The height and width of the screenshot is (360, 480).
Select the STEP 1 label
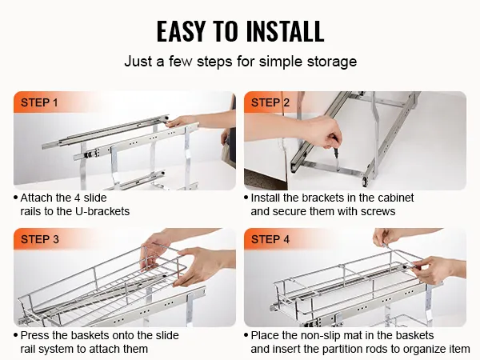pyautogui.click(x=39, y=102)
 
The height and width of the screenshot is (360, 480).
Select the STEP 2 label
pyautogui.click(x=270, y=102)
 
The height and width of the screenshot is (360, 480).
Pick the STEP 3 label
pyautogui.click(x=40, y=239)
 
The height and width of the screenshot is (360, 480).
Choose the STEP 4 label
pyautogui.click(x=270, y=239)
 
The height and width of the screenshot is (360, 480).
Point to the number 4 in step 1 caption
pyautogui.click(x=77, y=198)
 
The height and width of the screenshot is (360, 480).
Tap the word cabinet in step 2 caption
pyautogui.click(x=396, y=198)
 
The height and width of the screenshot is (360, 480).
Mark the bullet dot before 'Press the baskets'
pyautogui.click(x=16, y=335)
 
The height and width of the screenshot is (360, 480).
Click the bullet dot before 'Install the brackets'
pyautogui.click(x=246, y=198)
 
